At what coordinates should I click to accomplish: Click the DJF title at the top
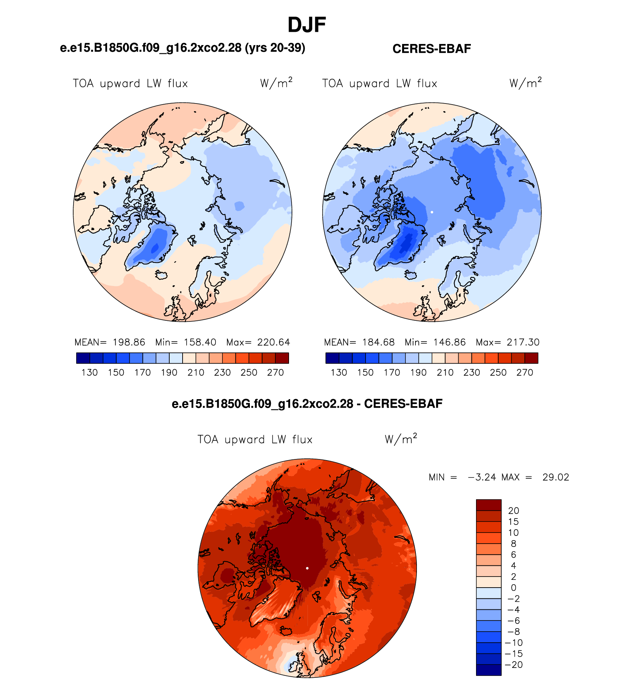[x=307, y=25]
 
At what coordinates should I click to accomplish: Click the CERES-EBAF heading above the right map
[x=432, y=49]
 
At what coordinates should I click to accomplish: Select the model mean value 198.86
[x=129, y=342]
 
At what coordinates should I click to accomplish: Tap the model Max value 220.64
[x=274, y=342]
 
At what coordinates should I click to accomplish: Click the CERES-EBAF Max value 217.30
[x=523, y=342]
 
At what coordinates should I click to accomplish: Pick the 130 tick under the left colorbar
[x=89, y=373]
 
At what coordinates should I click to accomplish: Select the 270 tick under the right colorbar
[x=525, y=373]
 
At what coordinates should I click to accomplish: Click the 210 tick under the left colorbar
[x=196, y=373]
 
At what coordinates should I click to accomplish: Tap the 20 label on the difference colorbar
[x=514, y=511]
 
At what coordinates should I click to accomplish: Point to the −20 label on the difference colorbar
[x=514, y=665]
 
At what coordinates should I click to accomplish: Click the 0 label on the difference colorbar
[x=513, y=588]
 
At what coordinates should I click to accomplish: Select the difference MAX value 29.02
[x=556, y=477]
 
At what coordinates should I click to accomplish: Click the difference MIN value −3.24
[x=482, y=477]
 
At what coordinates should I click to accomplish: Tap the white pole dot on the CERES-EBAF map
[x=432, y=212]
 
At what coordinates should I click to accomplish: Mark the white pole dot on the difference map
[x=307, y=568]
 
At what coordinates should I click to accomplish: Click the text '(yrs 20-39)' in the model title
[x=275, y=48]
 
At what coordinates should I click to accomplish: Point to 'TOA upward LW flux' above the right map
[x=380, y=84]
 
